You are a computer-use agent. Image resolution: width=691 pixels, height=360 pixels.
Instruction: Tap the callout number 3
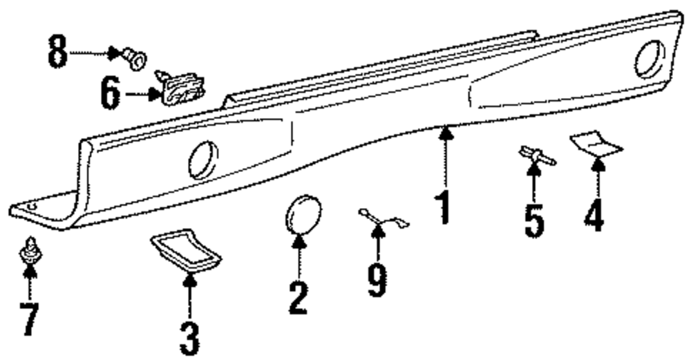(x=189, y=339)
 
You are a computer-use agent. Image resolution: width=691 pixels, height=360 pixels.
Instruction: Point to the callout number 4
(x=594, y=216)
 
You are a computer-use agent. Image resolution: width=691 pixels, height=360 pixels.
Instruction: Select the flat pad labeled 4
(x=596, y=144)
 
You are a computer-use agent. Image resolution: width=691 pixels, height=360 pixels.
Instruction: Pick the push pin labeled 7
(x=29, y=253)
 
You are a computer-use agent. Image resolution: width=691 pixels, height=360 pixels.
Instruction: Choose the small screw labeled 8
(x=136, y=57)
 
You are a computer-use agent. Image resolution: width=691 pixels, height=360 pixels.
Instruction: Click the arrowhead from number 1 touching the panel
(x=446, y=129)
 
